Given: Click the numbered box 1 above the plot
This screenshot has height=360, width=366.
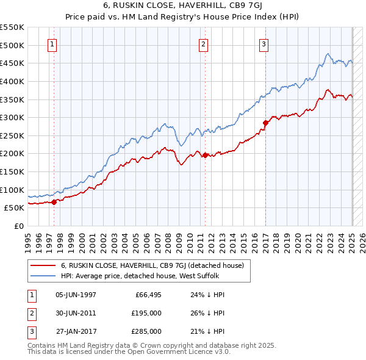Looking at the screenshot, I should click(53, 44).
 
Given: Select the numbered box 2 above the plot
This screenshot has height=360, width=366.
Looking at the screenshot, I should click(203, 44).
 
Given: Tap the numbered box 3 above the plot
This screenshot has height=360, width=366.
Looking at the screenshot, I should click(264, 44).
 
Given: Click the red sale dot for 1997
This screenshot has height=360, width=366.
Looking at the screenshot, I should click(54, 202).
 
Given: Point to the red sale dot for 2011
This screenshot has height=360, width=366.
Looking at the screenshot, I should click(205, 155).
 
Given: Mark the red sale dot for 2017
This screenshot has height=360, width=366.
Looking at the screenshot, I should click(265, 123).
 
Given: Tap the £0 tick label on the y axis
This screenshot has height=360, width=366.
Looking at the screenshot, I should click(18, 226).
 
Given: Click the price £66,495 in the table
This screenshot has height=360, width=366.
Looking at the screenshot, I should click(146, 294).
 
